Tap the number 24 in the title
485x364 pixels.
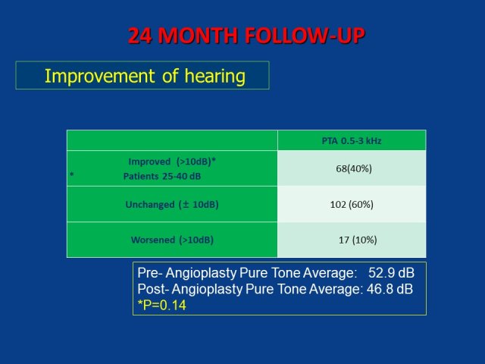tap(139, 36)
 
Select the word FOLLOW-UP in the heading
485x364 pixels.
tap(305, 36)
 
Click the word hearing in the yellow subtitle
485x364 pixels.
tap(215, 76)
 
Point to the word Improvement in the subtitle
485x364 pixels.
tap(99, 76)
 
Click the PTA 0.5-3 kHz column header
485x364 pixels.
tap(352, 141)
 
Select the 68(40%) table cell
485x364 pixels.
tap(354, 168)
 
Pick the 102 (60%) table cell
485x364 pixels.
tap(352, 204)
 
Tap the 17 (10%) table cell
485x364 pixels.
tap(358, 240)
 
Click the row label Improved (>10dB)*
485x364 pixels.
tap(172, 162)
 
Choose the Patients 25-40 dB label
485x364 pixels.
tap(162, 177)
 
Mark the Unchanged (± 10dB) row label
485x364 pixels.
tap(172, 205)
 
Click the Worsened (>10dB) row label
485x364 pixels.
tap(172, 240)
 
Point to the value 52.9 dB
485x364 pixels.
tap(391, 273)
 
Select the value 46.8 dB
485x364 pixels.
tap(390, 289)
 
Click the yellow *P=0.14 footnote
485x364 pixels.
tap(161, 305)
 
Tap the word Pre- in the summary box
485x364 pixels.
tap(150, 273)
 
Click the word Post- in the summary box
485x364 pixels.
tap(153, 289)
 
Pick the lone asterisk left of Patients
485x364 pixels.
tap(72, 174)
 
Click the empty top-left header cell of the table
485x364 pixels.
tap(172, 140)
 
